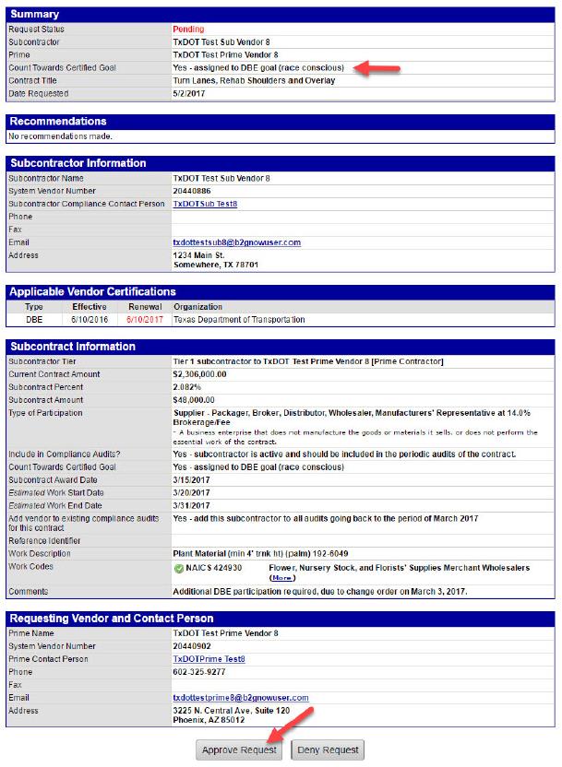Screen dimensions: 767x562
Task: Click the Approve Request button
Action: tap(240, 749)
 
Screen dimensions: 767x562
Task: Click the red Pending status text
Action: tap(188, 29)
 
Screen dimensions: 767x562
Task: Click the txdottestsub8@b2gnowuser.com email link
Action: tap(237, 242)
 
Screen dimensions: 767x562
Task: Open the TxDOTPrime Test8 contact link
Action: tap(209, 659)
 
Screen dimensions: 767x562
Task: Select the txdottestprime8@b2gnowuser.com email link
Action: tap(241, 698)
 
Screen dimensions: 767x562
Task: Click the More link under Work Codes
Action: tap(281, 578)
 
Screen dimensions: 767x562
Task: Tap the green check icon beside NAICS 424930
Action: tap(179, 568)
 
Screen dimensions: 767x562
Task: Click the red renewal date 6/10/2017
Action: tap(144, 320)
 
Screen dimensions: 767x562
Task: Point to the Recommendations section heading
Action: tap(58, 122)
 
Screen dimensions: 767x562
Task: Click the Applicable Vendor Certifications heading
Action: tap(92, 292)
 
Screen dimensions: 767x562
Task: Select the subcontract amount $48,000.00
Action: tap(199, 400)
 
